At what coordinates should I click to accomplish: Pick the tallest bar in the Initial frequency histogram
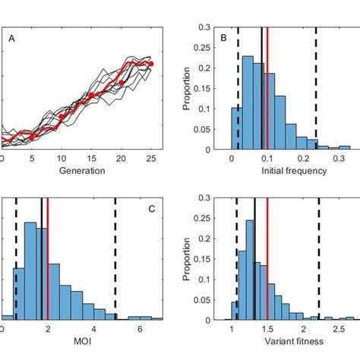pyautogui.click(x=247, y=103)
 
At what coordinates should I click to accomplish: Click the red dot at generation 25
pyautogui.click(x=150, y=64)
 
